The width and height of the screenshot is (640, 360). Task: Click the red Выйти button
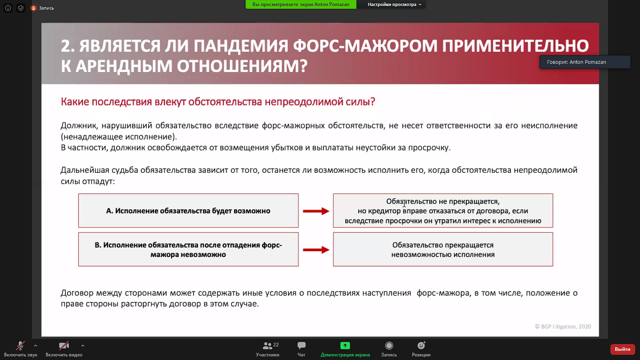click(x=623, y=349)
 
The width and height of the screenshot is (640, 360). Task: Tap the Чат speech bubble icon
click(x=301, y=345)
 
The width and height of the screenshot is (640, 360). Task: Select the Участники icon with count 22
click(x=268, y=345)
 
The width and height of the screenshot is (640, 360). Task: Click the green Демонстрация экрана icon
click(x=345, y=345)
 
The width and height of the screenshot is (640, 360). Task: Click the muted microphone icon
click(x=20, y=345)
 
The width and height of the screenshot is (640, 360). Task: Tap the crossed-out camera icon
click(x=64, y=345)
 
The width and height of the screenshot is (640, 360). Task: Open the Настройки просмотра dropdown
click(x=394, y=5)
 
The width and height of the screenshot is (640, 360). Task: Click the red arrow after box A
click(x=316, y=211)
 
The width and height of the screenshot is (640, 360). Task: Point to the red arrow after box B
click(x=316, y=250)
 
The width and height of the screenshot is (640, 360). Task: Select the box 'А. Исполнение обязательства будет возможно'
click(x=188, y=211)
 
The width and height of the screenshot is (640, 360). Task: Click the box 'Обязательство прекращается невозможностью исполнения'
click(x=443, y=250)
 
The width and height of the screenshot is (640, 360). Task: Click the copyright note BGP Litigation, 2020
click(x=563, y=327)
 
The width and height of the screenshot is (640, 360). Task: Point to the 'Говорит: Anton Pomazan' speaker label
click(x=576, y=62)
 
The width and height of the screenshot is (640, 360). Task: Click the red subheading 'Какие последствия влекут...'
click(x=218, y=102)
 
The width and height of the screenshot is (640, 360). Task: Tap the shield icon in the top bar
click(x=20, y=8)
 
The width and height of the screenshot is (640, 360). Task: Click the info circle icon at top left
click(x=8, y=8)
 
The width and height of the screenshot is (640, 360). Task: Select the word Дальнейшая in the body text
click(x=85, y=170)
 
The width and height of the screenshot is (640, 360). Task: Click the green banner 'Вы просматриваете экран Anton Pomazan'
click(x=300, y=5)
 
